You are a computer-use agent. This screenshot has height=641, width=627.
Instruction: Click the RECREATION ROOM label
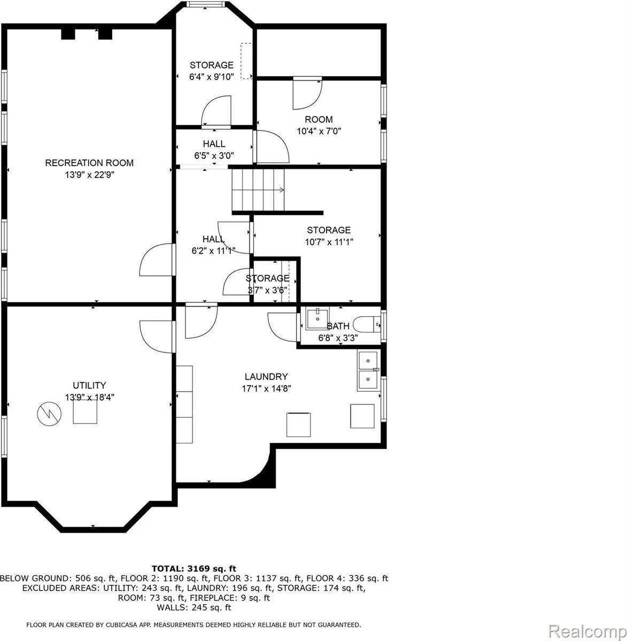coord(89,163)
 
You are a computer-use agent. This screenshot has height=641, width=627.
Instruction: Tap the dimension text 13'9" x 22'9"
coord(89,174)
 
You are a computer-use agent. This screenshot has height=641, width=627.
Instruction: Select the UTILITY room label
coord(89,385)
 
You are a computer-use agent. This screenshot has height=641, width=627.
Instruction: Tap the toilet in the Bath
coord(369,324)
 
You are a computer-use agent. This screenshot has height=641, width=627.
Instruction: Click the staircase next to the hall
coord(259,190)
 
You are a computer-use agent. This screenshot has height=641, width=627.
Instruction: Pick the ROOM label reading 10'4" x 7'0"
coord(319,120)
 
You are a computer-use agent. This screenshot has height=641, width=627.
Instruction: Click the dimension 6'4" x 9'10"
coord(211,76)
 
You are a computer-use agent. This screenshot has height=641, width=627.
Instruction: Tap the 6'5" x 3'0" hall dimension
coord(214,155)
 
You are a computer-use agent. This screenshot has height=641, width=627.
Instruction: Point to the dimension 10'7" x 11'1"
coord(328,241)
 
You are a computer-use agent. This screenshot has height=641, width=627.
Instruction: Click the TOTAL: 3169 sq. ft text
coord(194,568)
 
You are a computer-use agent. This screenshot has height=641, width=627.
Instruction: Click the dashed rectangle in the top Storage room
coord(246,61)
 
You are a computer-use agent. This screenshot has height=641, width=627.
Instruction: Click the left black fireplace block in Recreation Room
coord(68,34)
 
